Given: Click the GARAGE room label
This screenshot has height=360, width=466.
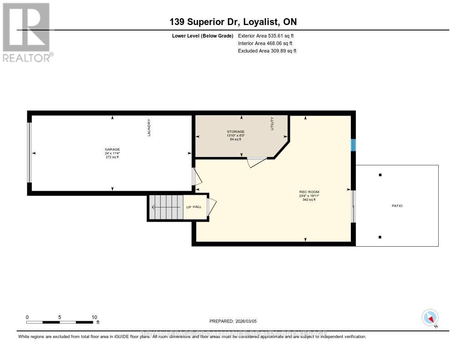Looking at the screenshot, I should [x=112, y=149].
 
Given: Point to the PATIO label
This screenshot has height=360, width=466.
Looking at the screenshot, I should [x=397, y=206].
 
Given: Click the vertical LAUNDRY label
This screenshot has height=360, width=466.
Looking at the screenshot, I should [x=149, y=127].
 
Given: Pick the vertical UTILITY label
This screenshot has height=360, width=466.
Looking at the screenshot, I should [x=272, y=124].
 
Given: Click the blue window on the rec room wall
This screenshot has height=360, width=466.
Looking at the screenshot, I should [x=353, y=145].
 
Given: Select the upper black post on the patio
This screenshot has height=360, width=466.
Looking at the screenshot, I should [x=380, y=175].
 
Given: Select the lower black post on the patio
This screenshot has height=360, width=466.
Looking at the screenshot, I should [x=380, y=237].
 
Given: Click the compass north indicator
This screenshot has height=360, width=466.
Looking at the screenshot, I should [x=430, y=318].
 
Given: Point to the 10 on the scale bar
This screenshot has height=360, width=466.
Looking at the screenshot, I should [x=94, y=317].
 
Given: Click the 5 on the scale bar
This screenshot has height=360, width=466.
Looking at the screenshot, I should [x=60, y=317].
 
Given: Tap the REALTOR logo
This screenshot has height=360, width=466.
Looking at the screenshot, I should [x=27, y=32].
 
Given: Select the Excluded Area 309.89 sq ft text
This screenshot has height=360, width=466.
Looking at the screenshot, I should [x=267, y=51].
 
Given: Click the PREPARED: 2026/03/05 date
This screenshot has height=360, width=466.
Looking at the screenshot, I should [x=236, y=321].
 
